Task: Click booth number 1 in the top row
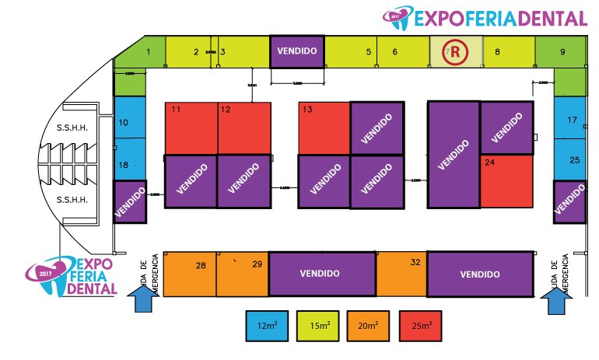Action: (148, 52)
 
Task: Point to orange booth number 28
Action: (190, 274)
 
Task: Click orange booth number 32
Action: (401, 274)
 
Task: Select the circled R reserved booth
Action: (452, 52)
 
